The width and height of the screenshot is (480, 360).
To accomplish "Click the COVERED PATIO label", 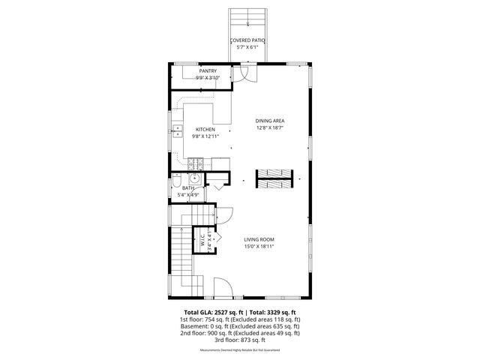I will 247,40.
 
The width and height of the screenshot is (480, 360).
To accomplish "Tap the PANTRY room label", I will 208,70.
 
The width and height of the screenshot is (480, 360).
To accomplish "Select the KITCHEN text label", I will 205,129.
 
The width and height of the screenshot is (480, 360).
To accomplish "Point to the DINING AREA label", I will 269,120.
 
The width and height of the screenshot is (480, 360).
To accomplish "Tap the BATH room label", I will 178,188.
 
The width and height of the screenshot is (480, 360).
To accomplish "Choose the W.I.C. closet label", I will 202,243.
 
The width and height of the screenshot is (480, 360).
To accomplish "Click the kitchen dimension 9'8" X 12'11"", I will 205,136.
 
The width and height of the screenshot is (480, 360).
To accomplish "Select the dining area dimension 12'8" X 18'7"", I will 269,127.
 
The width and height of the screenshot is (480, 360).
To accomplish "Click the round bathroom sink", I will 193,178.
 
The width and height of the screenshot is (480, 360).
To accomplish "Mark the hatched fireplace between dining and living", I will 269,179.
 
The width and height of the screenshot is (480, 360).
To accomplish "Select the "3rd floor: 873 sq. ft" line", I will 240,340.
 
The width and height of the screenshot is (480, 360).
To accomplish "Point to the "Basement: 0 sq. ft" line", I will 240,326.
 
